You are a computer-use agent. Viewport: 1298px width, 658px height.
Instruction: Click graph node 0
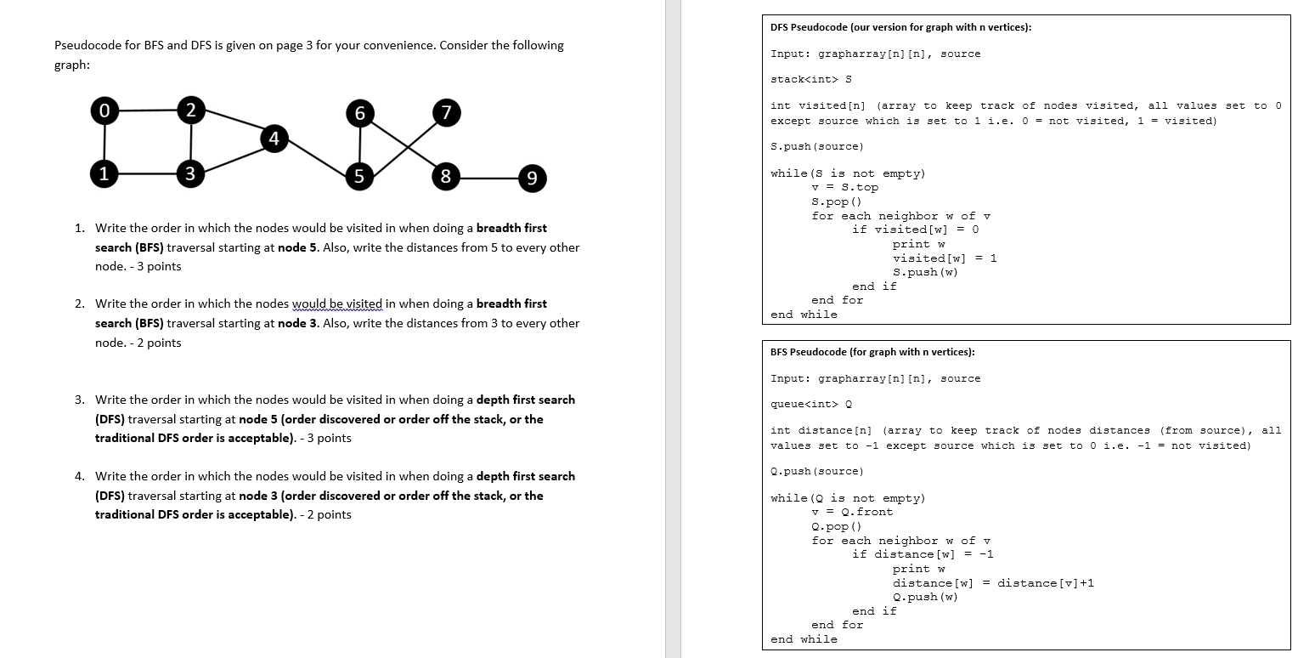coord(104,111)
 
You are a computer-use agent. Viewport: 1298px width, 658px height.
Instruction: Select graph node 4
coord(274,139)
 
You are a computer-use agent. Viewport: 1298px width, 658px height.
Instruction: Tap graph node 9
coord(531,179)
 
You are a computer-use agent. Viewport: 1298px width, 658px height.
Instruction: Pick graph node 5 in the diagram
coord(359,178)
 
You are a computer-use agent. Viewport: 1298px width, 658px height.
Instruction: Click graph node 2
coord(190,110)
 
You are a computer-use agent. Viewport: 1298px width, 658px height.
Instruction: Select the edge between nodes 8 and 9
coord(489,179)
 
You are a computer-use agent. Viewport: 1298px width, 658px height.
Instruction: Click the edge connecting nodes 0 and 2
coord(147,111)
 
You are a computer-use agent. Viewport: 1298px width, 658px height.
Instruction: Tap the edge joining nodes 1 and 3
coord(147,174)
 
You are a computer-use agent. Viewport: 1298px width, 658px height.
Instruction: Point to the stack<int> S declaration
coord(810,80)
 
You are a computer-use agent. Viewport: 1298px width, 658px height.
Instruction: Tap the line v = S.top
coord(844,187)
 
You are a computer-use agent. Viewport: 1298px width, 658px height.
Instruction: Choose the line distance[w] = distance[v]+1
coord(993,582)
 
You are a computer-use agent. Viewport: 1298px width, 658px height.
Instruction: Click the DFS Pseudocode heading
coord(900,27)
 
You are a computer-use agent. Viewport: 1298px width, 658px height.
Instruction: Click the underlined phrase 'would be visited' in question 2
coord(337,304)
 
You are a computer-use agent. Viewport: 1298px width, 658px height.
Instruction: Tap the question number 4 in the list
coord(79,476)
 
